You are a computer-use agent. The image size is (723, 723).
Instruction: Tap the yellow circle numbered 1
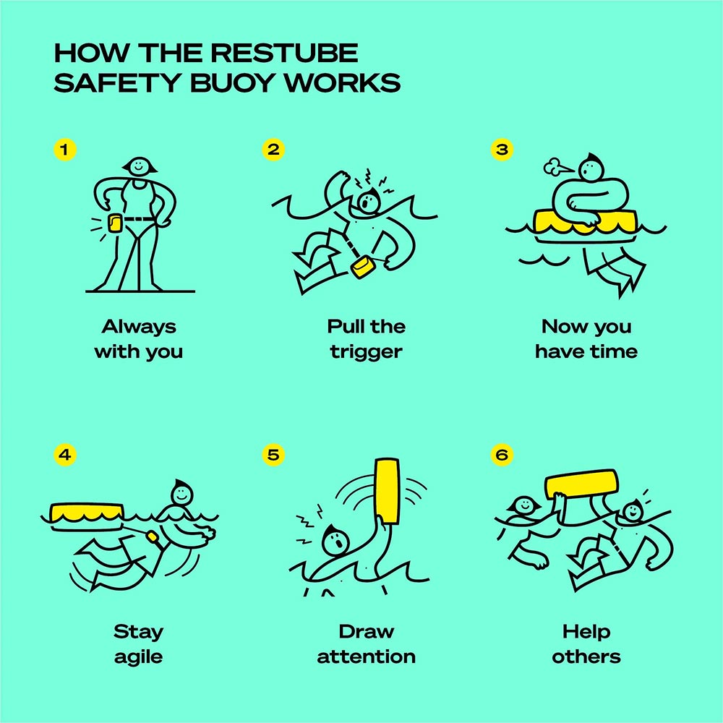tap(65, 150)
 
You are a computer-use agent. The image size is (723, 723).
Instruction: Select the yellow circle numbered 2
tap(274, 150)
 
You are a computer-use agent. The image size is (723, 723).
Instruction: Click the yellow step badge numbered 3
tap(500, 150)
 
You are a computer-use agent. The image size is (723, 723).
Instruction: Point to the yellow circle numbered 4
tap(65, 455)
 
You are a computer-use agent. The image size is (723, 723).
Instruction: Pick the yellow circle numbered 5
tap(274, 455)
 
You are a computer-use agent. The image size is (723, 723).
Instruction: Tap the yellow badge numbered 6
tap(500, 455)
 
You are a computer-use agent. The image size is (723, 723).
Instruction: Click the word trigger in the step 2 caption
tap(367, 352)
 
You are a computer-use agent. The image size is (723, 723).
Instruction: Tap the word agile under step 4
tap(138, 657)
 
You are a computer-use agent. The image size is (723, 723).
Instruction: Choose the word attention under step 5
tap(367, 657)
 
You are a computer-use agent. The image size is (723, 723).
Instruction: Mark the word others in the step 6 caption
tap(586, 657)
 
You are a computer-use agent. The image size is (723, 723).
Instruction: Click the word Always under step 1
tap(138, 327)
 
